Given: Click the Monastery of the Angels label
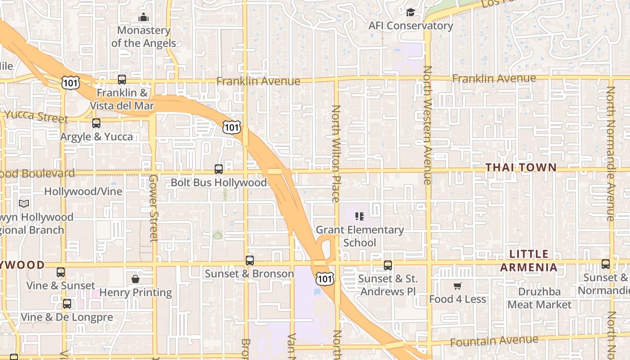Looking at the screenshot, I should pyautogui.click(x=144, y=37).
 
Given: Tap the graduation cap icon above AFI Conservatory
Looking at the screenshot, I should pyautogui.click(x=410, y=12).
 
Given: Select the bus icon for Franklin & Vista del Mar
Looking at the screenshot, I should pyautogui.click(x=122, y=80).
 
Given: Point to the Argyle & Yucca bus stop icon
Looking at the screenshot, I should pyautogui.click(x=96, y=123).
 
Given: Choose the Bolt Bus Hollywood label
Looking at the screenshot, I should pyautogui.click(x=219, y=182).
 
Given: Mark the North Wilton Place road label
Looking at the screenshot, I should pyautogui.click(x=336, y=153).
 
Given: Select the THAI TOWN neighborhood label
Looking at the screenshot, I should pyautogui.click(x=521, y=167).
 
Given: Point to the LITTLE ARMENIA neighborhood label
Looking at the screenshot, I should pyautogui.click(x=529, y=261).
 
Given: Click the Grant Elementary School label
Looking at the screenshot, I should pyautogui.click(x=360, y=236).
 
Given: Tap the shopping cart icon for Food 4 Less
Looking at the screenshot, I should pyautogui.click(x=458, y=286).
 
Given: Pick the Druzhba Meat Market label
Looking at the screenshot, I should pyautogui.click(x=539, y=298).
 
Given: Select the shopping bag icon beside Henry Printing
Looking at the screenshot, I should pyautogui.click(x=135, y=279).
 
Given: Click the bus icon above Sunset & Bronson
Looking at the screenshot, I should pyautogui.click(x=250, y=260).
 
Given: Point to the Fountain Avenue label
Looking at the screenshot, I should pyautogui.click(x=494, y=341).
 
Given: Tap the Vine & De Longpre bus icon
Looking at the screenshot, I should pyautogui.click(x=67, y=304).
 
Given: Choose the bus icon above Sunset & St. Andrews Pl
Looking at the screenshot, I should pyautogui.click(x=388, y=265).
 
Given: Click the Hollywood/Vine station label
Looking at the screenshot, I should pyautogui.click(x=83, y=192).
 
